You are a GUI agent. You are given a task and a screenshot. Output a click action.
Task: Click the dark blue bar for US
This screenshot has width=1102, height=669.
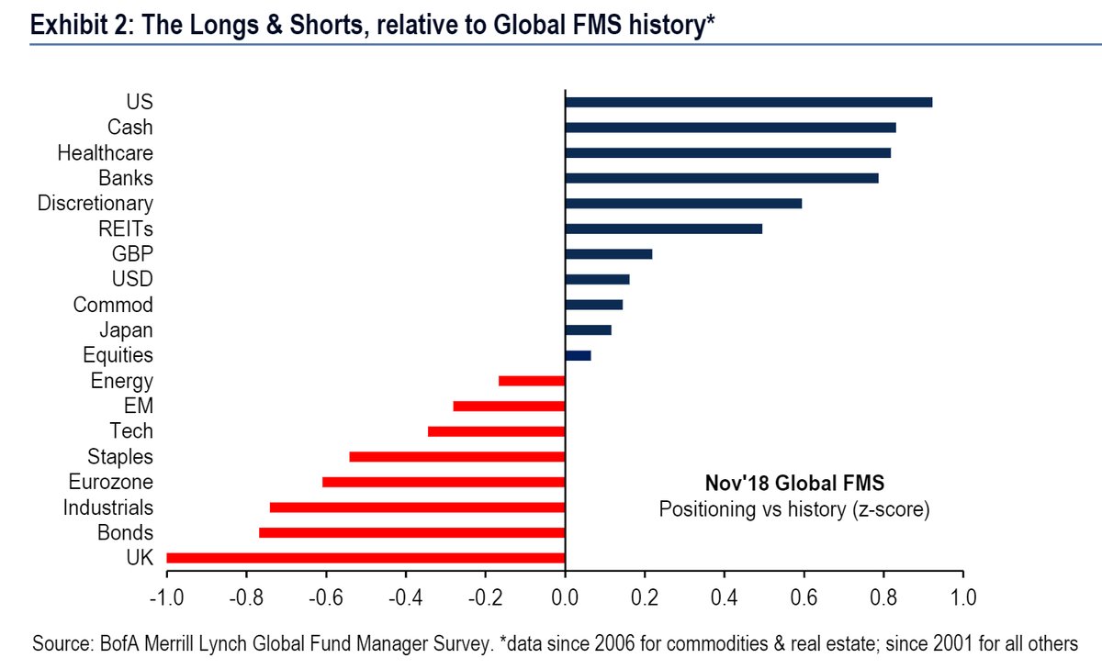[748, 102]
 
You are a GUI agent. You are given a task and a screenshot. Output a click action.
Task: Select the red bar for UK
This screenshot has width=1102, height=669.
[365, 557]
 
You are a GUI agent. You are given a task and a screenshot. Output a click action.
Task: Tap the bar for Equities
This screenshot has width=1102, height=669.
[578, 355]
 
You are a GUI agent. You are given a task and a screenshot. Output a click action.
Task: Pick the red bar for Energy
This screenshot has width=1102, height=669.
[532, 381]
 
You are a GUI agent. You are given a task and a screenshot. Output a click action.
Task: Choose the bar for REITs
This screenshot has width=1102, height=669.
[663, 229]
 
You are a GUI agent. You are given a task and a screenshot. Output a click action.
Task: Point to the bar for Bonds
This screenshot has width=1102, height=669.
[411, 532]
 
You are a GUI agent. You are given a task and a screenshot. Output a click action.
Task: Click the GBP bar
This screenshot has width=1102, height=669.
[608, 254]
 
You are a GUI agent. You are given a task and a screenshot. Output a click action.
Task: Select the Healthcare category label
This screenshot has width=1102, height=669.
[105, 152]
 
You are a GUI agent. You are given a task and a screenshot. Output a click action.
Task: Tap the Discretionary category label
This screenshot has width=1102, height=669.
[95, 203]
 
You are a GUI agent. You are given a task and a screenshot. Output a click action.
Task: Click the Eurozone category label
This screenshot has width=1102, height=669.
[110, 482]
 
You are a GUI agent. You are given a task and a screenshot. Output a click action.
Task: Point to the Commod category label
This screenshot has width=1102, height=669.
[113, 305]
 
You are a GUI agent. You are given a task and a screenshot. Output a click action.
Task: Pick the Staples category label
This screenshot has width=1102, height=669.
[120, 456]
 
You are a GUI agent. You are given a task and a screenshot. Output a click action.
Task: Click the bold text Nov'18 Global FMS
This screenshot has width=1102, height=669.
[794, 484]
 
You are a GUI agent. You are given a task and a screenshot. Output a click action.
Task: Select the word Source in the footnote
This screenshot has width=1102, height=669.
[60, 644]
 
